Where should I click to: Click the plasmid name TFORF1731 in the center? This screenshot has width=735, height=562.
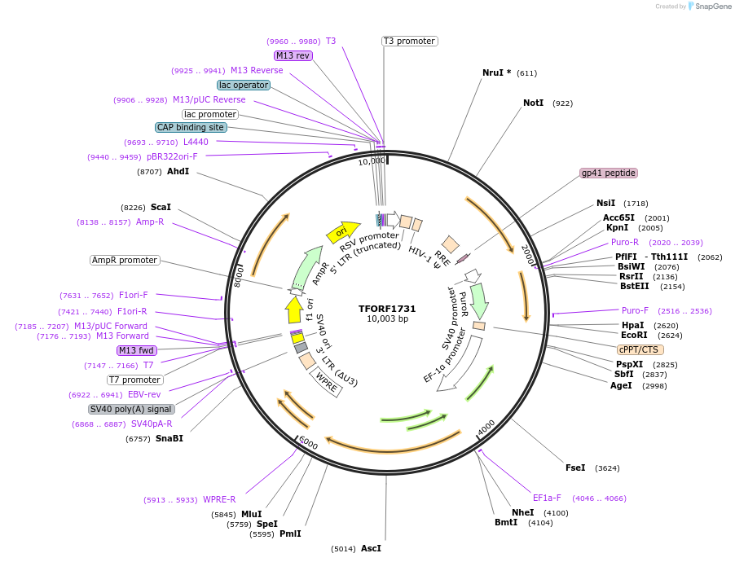[x=387, y=309]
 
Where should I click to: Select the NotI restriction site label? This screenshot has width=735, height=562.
[x=533, y=103]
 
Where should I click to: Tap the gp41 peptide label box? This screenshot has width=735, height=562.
[x=608, y=173]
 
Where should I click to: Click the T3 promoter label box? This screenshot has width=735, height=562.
[x=409, y=41]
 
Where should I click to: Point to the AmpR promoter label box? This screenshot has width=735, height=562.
[x=125, y=261]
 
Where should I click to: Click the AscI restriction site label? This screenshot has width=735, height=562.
[x=371, y=548]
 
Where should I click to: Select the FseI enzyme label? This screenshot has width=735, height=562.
[x=575, y=468]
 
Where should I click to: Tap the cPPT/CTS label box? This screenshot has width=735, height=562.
[x=640, y=349]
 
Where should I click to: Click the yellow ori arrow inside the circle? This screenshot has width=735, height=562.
[x=342, y=232]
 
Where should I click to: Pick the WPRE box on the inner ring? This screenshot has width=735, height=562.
[x=326, y=385]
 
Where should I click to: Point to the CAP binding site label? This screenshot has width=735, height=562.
[x=191, y=127]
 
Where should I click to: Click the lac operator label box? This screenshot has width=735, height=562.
[x=243, y=85]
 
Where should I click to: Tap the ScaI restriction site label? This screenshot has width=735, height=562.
[x=161, y=207]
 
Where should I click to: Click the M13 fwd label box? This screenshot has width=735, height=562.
[x=136, y=350]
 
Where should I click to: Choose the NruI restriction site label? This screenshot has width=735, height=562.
[x=496, y=72]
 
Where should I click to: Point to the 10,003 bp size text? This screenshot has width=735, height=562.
[x=387, y=318]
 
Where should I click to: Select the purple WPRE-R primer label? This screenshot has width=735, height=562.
[x=219, y=499]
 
